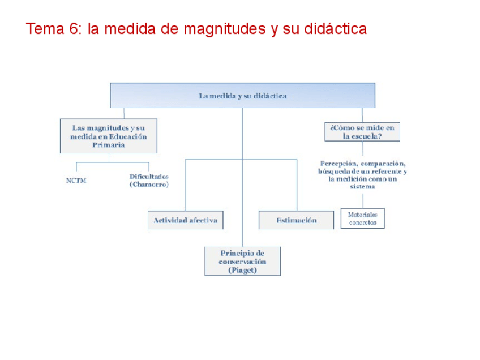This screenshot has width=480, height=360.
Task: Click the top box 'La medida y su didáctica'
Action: pos(242,96)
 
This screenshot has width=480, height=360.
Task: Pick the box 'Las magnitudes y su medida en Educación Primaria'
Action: pos(109,136)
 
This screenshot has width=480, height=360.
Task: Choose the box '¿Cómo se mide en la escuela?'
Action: pos(362,132)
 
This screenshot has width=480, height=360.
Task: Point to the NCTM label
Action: pos(76,181)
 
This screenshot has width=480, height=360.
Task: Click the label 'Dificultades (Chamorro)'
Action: pos(149,180)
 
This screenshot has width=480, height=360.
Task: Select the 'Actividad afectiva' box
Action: pos(185,220)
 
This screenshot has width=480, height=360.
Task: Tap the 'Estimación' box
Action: pos(296,220)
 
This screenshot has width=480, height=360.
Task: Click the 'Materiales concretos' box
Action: pos(362,218)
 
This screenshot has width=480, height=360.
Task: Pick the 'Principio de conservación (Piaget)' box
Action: pos(242,262)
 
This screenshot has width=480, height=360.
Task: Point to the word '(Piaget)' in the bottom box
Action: pos(242,271)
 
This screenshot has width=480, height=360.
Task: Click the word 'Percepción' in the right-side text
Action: pos(339,163)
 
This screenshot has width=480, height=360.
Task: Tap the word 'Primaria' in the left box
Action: pos(108,145)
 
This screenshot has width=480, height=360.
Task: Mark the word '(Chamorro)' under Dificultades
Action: pos(149,185)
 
